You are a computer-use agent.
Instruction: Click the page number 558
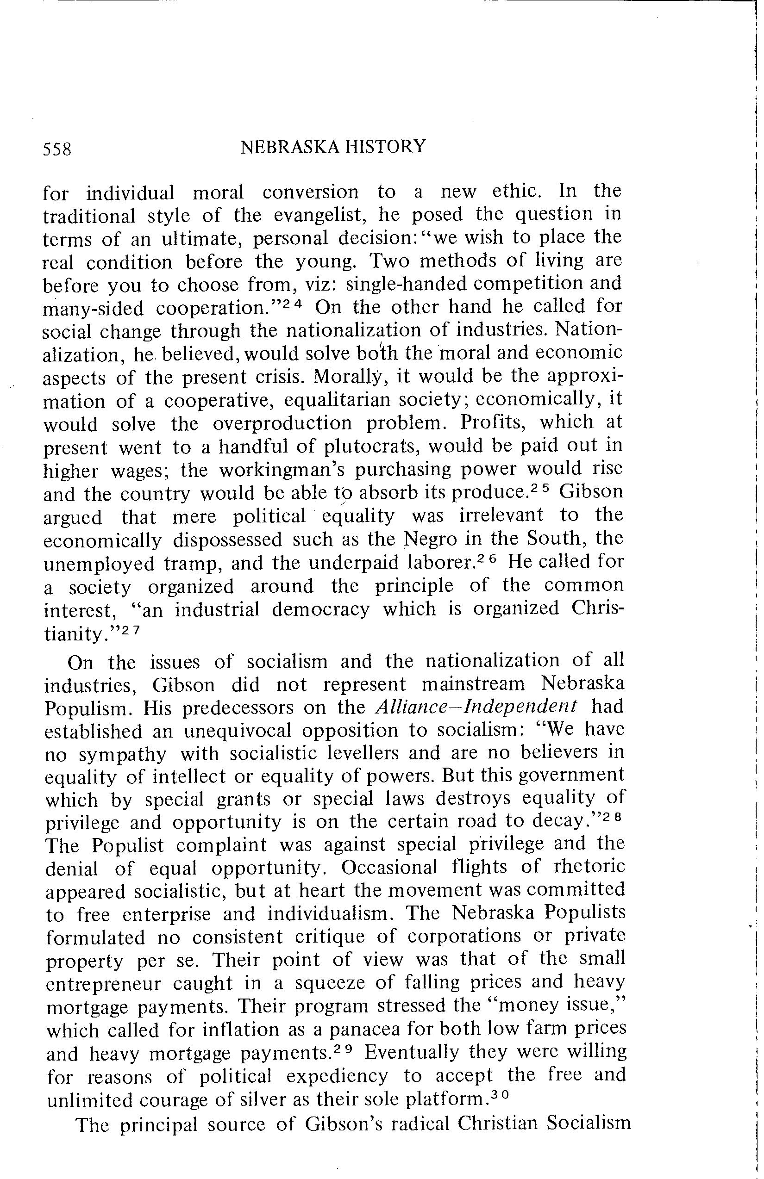pyautogui.click(x=57, y=149)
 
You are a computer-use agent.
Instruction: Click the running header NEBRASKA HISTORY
pyautogui.click(x=332, y=147)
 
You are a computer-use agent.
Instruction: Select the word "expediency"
pyautogui.click(x=337, y=1075)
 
